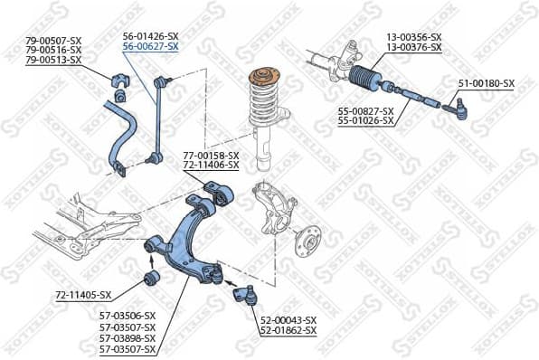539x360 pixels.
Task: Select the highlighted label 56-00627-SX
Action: tap(150, 46)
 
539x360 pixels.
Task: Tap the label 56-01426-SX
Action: tap(150, 36)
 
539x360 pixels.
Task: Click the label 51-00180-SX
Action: tap(486, 83)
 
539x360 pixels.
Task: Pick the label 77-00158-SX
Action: tap(211, 156)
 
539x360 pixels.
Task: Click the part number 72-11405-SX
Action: tap(83, 295)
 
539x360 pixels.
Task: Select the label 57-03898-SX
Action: tap(128, 338)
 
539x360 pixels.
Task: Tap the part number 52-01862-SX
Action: tap(288, 331)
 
